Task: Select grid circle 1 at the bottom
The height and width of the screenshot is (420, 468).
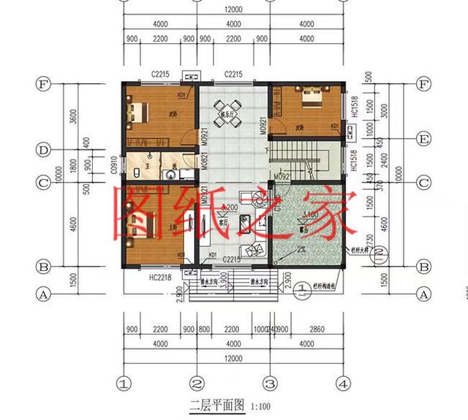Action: click(x=124, y=382)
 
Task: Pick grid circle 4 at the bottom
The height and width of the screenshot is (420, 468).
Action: click(x=341, y=382)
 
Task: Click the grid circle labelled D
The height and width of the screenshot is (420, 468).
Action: click(x=42, y=150)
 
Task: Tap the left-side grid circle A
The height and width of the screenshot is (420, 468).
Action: click(x=42, y=294)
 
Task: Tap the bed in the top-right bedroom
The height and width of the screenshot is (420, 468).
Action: click(x=309, y=97)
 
